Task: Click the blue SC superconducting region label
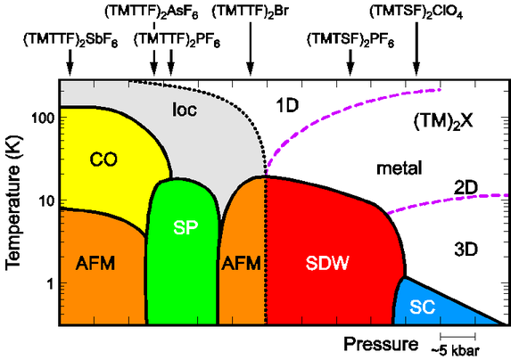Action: tap(423, 307)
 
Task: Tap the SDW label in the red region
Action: tap(327, 263)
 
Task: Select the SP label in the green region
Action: tap(185, 228)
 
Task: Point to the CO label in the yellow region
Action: tap(103, 160)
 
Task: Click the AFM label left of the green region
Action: tap(95, 263)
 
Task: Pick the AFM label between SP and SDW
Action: tap(241, 263)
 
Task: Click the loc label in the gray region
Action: tap(185, 110)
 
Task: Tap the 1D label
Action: tap(287, 105)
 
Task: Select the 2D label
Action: tap(466, 188)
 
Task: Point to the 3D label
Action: tap(466, 250)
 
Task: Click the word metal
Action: tap(399, 168)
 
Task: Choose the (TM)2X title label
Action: tap(443, 122)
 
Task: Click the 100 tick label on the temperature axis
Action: tap(43, 119)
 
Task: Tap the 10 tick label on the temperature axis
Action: tap(46, 201)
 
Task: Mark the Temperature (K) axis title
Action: tap(13, 203)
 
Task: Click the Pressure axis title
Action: tap(381, 344)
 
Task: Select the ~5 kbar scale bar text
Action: tap(456, 350)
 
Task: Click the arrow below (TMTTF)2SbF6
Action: tap(70, 62)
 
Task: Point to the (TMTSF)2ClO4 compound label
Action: tap(416, 12)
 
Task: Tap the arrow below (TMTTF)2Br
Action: tap(251, 49)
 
